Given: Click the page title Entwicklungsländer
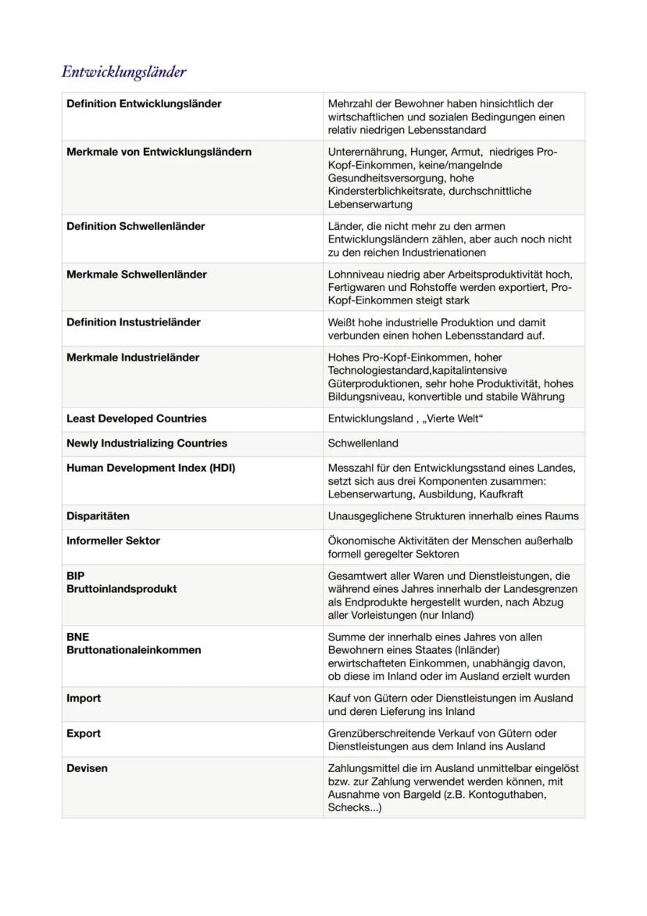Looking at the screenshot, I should point(123,72).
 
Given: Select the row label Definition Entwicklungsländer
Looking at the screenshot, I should point(144,104).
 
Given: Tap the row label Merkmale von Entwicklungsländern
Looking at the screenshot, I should point(159,152).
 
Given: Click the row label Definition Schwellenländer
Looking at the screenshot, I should point(135,227).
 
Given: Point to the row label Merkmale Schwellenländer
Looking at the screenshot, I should point(136,275).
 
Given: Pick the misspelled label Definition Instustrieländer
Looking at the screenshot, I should point(133,322).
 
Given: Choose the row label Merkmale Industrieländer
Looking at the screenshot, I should point(133,357).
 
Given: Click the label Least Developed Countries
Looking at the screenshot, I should point(136,418).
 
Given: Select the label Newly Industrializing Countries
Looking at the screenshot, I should point(146,444).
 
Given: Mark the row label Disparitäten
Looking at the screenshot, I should point(98,516).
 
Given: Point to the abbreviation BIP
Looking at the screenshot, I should point(76,576).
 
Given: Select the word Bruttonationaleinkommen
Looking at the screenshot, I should point(134,650).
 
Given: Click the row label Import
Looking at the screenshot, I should point(84,699).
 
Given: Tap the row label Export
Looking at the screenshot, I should point(84,734).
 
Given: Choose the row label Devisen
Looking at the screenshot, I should point(87,769).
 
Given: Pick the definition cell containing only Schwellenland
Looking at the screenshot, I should point(363,444).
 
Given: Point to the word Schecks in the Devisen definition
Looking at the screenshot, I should point(349,808).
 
